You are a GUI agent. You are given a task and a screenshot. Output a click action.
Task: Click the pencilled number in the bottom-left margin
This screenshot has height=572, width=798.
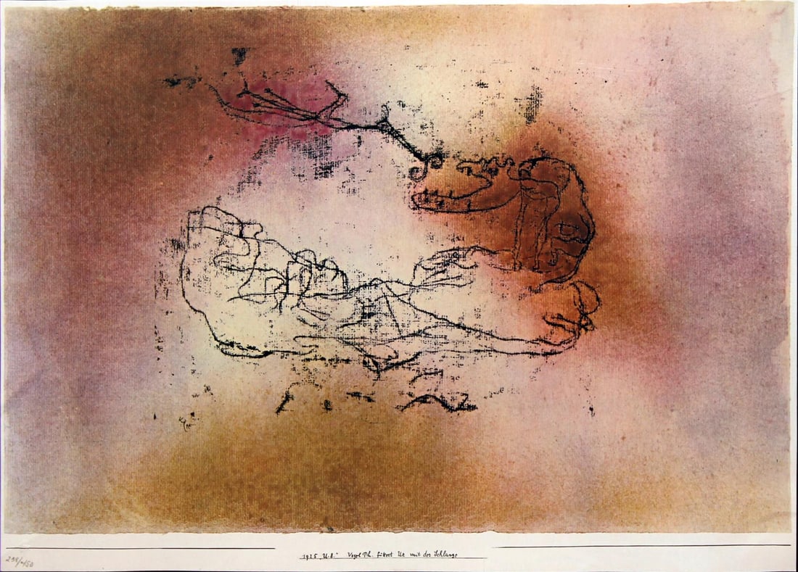pos(20,563)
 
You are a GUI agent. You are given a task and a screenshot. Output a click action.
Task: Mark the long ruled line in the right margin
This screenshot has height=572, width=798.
pos(642,546)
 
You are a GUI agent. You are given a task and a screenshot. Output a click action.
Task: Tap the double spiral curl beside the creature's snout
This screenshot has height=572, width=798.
pos(429,166)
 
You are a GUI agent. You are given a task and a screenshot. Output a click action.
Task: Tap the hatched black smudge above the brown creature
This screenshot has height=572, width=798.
pos(533,102)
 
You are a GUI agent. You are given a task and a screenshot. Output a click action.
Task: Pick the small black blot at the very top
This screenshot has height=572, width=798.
pos(239,54)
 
